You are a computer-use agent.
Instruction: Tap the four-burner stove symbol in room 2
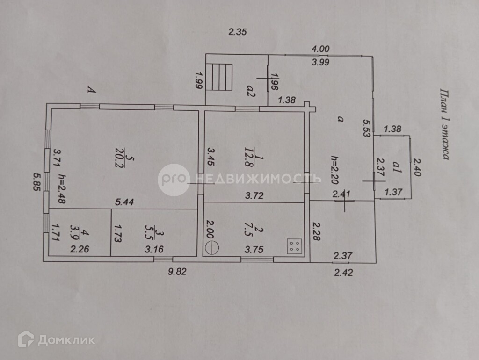pyautogui.click(x=294, y=245)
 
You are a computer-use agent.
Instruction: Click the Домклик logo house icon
pyautogui.click(x=26, y=339)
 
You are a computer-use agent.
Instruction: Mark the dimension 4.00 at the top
pyautogui.click(x=321, y=48)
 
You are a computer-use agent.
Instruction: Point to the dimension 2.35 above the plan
pyautogui.click(x=237, y=32)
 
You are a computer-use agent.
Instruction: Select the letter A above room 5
pyautogui.click(x=92, y=89)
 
